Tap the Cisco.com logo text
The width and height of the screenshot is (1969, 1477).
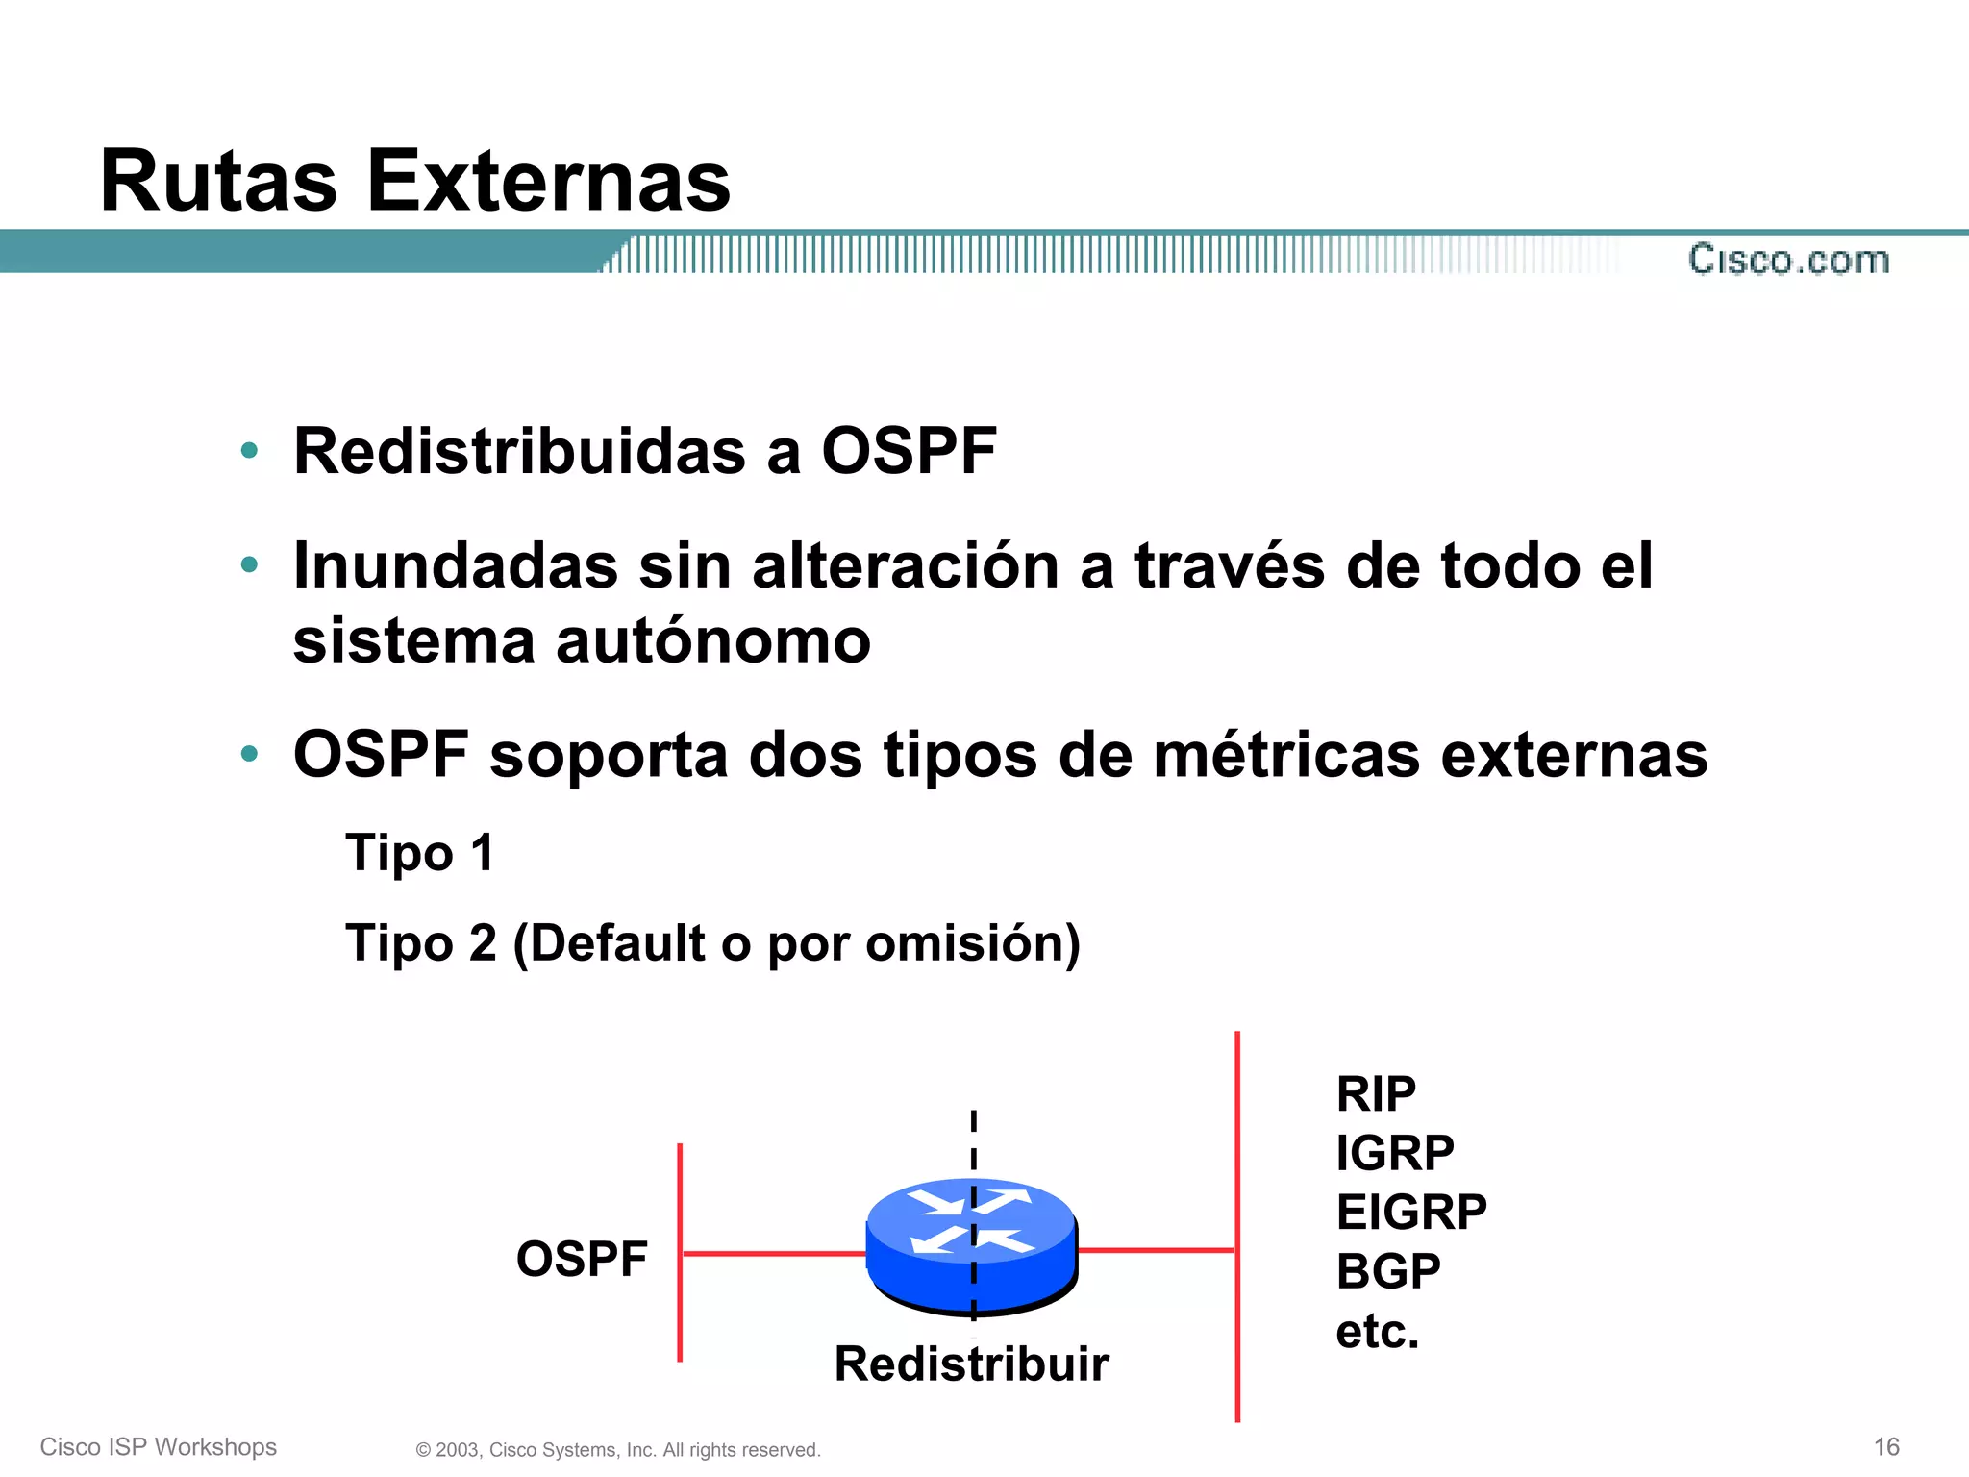click(1788, 260)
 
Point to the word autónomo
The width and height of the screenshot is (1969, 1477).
click(712, 641)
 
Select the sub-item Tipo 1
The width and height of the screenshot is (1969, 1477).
click(419, 853)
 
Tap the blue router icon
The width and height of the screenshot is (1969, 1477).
click(971, 1246)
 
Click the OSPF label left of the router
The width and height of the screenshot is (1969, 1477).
click(582, 1259)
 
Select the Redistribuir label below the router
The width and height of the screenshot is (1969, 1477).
click(971, 1364)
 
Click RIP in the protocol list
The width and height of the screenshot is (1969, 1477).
click(1375, 1094)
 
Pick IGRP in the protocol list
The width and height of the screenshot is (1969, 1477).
click(1394, 1153)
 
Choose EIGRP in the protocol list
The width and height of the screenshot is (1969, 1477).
click(1410, 1212)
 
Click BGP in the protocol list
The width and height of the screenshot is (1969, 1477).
click(1387, 1271)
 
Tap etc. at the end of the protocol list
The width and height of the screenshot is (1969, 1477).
click(1377, 1332)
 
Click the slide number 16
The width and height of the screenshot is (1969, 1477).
click(1886, 1446)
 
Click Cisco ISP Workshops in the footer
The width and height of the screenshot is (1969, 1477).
click(159, 1446)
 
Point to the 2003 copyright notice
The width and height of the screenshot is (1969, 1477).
click(618, 1450)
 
